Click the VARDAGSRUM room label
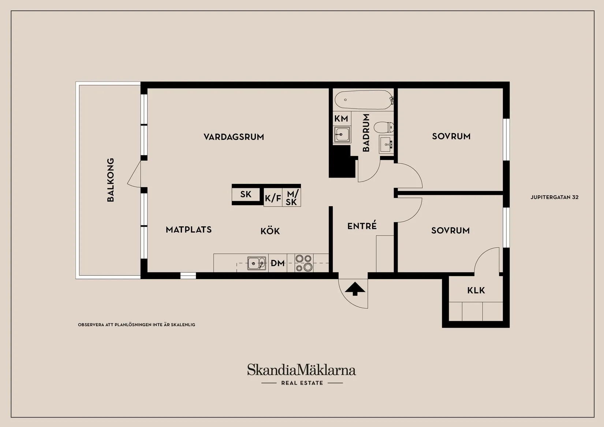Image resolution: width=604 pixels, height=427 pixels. coord(234,137)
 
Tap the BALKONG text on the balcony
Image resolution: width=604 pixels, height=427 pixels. coord(111,180)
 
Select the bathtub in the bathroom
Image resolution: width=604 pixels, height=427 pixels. coord(363,100)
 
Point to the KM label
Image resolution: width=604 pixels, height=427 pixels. coord(341,119)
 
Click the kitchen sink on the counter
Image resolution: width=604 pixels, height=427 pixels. coord(257,263)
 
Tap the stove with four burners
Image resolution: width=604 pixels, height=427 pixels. coord(304,263)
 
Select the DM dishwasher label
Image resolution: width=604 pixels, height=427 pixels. coord(278,263)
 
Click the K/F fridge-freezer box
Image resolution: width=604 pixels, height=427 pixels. coord(273,198)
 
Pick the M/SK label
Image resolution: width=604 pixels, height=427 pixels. coord(292,198)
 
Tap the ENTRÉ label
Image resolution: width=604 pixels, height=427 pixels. coord(362,226)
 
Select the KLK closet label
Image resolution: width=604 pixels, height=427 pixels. coord(476,290)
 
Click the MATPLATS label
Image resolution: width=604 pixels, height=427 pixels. coord(189,230)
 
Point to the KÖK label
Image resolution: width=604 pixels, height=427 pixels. coord(270,231)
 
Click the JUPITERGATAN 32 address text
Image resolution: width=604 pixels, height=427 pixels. coord(554,197)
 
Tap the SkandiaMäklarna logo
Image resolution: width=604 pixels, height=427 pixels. coord(301,370)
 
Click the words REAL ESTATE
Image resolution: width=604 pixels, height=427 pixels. coord(302,383)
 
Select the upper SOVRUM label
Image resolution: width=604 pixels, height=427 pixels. coord(451,136)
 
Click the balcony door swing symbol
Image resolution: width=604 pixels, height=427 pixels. coord(134,174)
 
